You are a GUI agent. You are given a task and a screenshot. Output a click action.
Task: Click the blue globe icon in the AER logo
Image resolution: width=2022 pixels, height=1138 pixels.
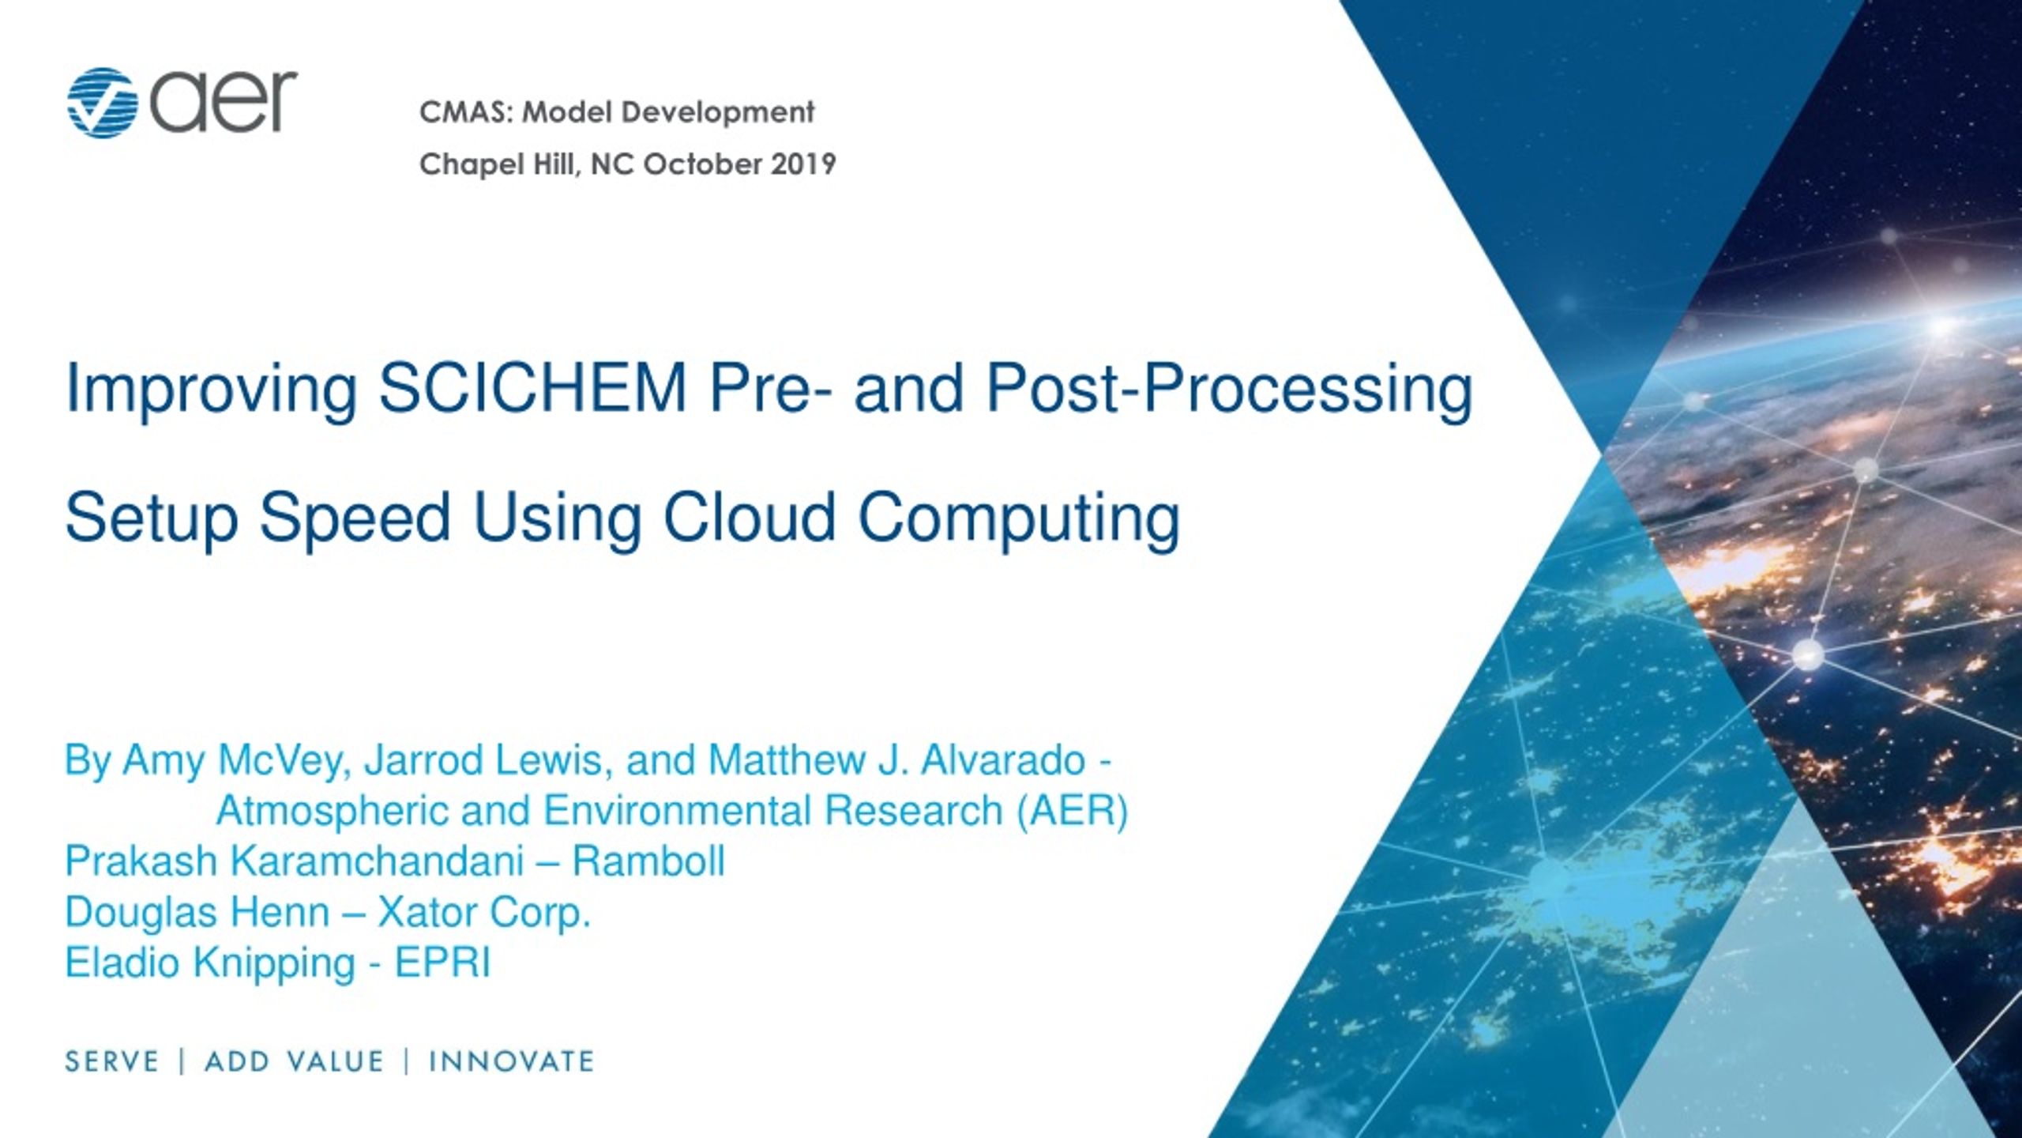tap(103, 103)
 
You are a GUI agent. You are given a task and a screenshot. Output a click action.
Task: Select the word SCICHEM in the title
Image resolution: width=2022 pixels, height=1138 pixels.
tap(533, 389)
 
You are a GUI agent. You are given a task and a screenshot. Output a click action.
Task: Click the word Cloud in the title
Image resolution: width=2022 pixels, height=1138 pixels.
tap(750, 518)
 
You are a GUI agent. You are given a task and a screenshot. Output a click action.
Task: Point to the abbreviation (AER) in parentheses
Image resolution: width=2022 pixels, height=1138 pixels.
tap(1073, 812)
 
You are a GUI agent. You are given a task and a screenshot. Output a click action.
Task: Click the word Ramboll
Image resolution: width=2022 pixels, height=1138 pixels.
tap(648, 861)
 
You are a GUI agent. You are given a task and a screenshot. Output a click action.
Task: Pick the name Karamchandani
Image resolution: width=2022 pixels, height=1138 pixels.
tap(378, 861)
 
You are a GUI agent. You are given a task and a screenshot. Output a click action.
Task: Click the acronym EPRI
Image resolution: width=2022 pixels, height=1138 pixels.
tap(442, 963)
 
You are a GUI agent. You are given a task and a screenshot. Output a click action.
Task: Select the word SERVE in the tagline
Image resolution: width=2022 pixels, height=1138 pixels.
tap(112, 1061)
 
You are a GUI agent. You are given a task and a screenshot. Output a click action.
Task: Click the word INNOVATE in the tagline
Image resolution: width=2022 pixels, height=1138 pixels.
tap(511, 1061)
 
